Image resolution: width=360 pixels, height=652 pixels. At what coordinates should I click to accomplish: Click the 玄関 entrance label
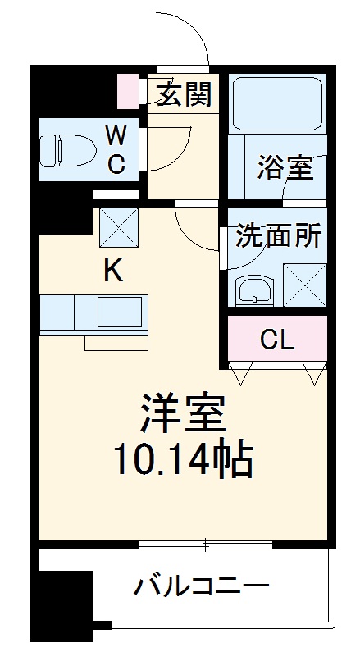(x=185, y=94)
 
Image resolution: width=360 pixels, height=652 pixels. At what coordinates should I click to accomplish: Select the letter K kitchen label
(x=112, y=271)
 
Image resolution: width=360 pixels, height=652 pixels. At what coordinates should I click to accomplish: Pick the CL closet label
(x=277, y=340)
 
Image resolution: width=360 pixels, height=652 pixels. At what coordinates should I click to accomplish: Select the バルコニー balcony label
(x=202, y=587)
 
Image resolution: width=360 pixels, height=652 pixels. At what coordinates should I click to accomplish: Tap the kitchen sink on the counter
(x=121, y=313)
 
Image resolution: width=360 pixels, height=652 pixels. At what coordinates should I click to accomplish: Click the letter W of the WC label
(x=116, y=133)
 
